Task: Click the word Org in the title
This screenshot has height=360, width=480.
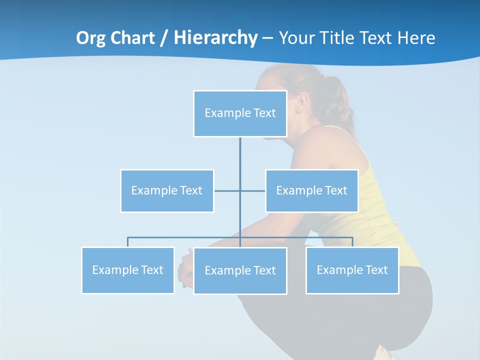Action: point(91,38)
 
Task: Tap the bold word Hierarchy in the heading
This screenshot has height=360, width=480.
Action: point(215,38)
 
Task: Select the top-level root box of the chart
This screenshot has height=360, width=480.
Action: point(240,113)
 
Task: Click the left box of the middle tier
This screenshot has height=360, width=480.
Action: point(167,190)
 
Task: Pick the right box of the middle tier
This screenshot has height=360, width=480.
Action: point(311,190)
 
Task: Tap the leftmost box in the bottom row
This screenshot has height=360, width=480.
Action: point(128,270)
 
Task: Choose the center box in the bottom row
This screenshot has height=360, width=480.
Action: point(240,270)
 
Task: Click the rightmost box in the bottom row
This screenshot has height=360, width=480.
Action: point(352,270)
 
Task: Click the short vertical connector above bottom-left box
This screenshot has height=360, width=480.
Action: point(128,242)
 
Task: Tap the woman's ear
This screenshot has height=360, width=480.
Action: point(301,104)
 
